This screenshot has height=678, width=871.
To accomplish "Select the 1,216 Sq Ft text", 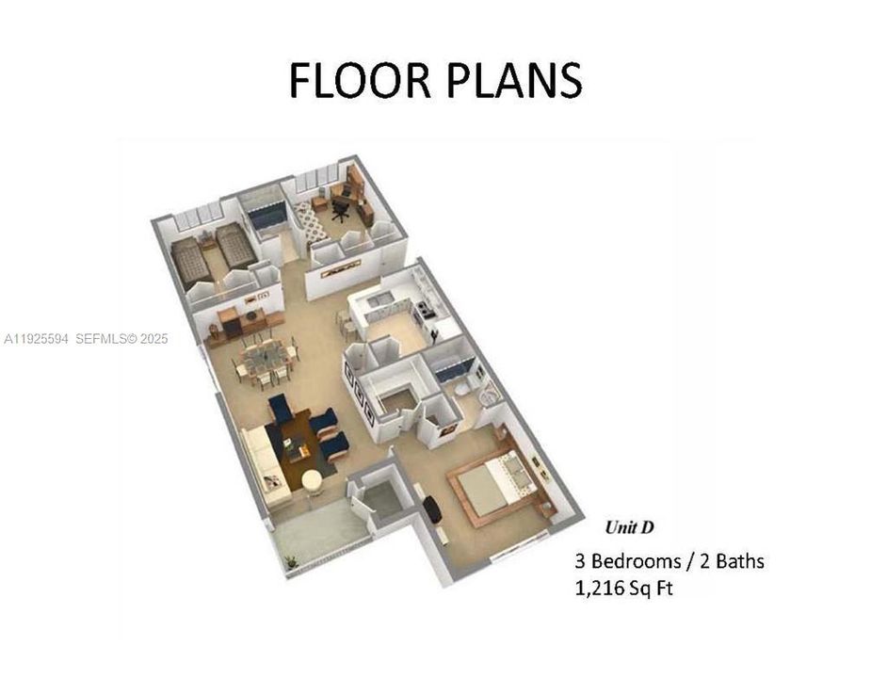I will click(x=624, y=589).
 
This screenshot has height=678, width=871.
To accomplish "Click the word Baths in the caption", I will click(x=734, y=561).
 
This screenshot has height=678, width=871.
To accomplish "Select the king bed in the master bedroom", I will click(x=496, y=481).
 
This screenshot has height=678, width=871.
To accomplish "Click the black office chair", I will click(x=340, y=209).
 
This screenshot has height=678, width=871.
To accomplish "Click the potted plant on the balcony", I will click(x=292, y=561).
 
